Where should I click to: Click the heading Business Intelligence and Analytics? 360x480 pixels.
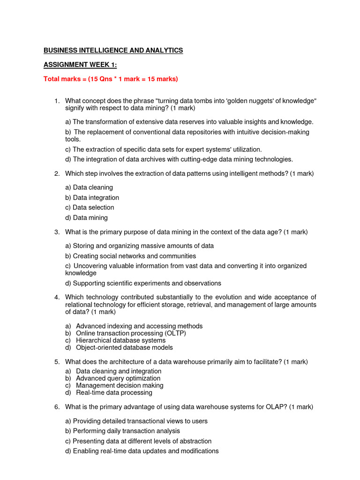coord(113,50)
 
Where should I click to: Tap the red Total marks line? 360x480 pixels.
coord(111,79)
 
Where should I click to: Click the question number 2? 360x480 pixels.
coord(57,173)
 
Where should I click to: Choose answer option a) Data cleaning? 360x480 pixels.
coord(89,187)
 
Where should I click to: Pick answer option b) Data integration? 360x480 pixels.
coord(92,198)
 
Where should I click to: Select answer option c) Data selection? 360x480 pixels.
coord(90,208)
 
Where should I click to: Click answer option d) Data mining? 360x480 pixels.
coord(86,218)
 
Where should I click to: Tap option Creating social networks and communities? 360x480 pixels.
coord(131,256)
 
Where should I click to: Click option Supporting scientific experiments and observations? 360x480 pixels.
coord(143,283)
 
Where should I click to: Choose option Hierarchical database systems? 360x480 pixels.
coord(120,340)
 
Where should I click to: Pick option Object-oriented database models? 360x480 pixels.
coord(124,347)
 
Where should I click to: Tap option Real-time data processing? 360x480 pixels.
coord(114,392)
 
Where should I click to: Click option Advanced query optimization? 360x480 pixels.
coord(118,378)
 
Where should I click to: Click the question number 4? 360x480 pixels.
coord(57,297)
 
